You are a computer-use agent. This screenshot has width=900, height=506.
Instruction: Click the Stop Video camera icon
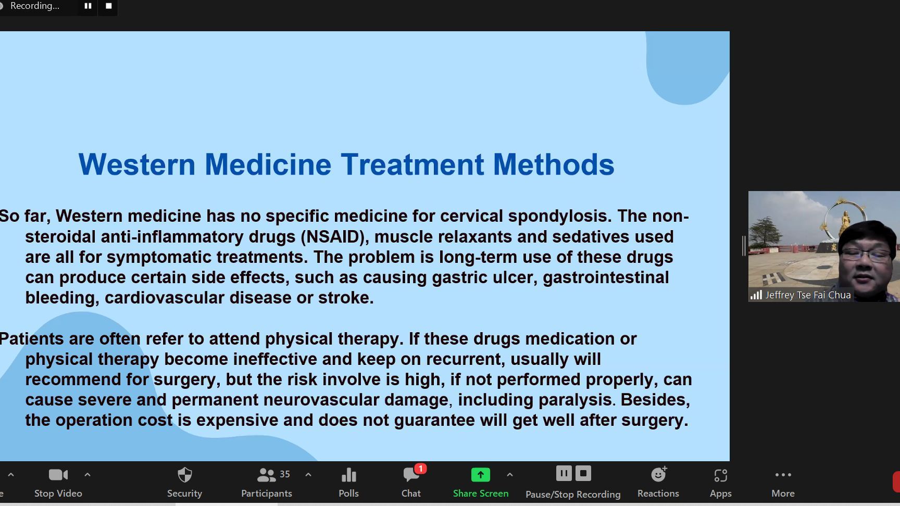click(x=58, y=475)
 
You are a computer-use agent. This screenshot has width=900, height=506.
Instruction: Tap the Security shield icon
click(x=185, y=475)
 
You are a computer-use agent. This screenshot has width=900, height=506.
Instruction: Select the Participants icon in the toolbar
click(x=266, y=475)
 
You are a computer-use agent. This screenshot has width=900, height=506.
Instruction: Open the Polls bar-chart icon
click(x=348, y=475)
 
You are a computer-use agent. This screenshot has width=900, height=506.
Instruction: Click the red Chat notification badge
click(x=420, y=469)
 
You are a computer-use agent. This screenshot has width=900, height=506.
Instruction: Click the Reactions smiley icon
click(x=659, y=474)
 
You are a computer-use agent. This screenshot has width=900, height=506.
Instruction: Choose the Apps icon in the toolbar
click(x=721, y=475)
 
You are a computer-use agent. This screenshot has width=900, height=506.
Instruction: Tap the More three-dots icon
click(x=783, y=475)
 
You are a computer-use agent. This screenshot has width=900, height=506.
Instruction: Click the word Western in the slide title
click(x=137, y=165)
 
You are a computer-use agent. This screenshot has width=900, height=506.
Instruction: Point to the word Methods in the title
click(x=554, y=165)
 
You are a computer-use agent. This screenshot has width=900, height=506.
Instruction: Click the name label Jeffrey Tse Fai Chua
click(x=808, y=295)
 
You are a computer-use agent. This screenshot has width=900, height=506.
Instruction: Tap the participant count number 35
click(x=285, y=474)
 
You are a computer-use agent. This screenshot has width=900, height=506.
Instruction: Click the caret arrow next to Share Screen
click(x=510, y=475)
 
